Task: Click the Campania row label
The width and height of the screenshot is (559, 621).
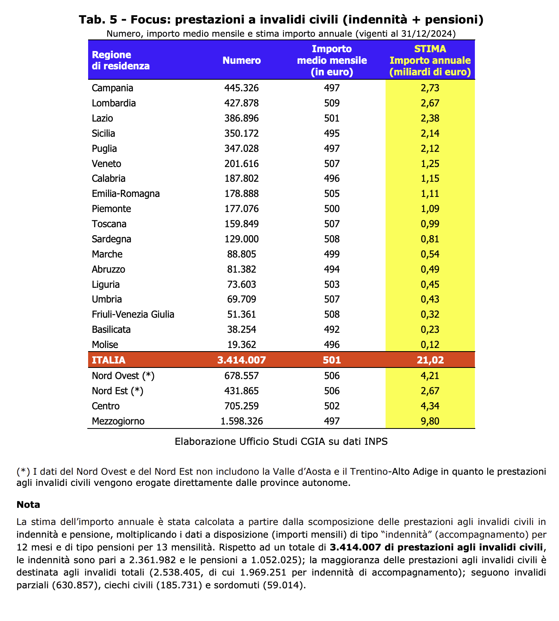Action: [112, 88]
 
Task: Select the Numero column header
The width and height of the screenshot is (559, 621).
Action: [242, 61]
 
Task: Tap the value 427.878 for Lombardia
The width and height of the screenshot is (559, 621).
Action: [242, 103]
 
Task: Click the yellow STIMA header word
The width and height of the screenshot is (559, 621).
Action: [430, 49]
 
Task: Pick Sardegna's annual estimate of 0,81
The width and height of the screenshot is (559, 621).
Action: [430, 239]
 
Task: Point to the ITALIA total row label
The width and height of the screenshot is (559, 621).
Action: [108, 360]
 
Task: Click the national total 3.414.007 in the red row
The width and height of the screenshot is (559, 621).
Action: [242, 360]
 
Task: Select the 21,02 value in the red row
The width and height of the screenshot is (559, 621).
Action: [430, 360]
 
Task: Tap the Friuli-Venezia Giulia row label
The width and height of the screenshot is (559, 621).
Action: [133, 314]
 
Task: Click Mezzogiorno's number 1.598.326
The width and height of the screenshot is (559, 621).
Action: [242, 421]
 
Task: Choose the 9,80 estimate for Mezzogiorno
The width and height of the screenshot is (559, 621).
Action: [430, 421]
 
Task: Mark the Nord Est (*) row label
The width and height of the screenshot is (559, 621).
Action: [117, 391]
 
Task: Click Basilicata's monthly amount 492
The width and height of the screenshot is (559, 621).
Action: [332, 330]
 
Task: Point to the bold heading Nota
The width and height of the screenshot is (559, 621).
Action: [28, 505]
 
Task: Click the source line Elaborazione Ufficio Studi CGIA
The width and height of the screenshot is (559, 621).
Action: [281, 442]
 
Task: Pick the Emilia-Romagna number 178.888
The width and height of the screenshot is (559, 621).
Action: [242, 194]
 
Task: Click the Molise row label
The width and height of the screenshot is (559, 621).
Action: [105, 345]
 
